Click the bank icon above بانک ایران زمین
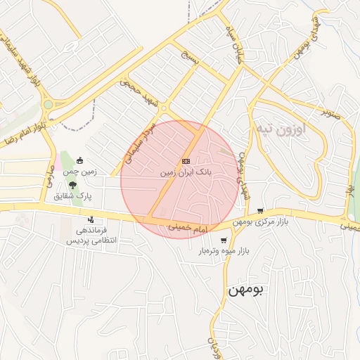[186, 161]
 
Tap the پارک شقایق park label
[73, 195]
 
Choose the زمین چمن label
[79, 172]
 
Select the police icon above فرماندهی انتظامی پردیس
[91, 220]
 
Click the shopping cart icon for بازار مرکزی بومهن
[260, 211]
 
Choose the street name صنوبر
[330, 110]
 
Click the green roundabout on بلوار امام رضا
[48, 105]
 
